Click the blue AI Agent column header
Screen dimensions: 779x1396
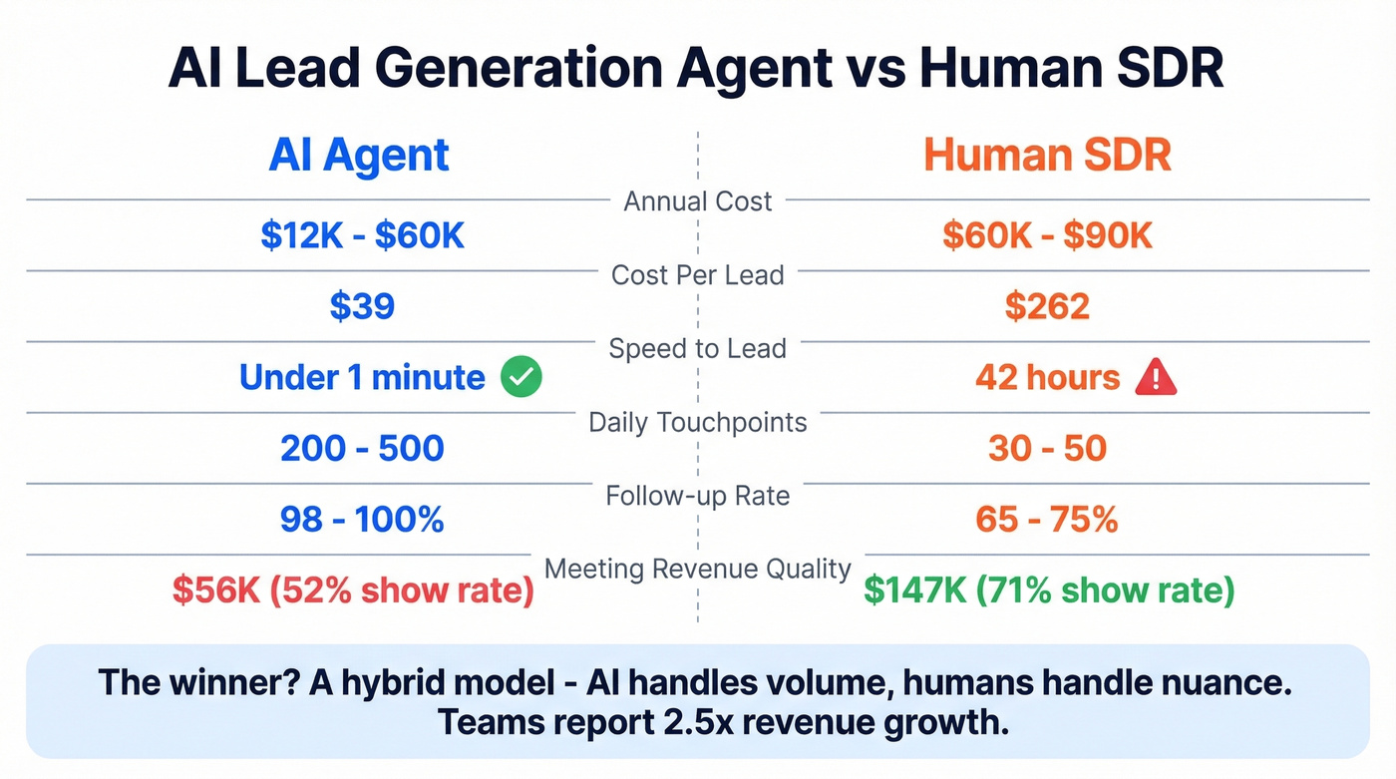click(x=359, y=157)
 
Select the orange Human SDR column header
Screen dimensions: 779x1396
click(x=1047, y=157)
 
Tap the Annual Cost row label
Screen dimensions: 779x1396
click(x=697, y=201)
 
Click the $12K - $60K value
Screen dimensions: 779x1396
click(x=363, y=235)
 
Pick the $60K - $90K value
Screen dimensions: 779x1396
click(x=1047, y=235)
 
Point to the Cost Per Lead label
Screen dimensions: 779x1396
click(x=697, y=275)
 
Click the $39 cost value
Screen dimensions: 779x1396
click(x=363, y=306)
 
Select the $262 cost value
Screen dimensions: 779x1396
click(x=1047, y=306)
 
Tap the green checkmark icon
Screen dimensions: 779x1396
click(x=522, y=378)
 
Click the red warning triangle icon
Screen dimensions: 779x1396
click(x=1157, y=378)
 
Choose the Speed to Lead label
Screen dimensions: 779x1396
click(x=697, y=349)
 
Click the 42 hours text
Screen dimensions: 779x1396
click(x=1047, y=378)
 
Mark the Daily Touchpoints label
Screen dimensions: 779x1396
click(x=697, y=423)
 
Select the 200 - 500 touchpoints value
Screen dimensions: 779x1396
click(x=362, y=449)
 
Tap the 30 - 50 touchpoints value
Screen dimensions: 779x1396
click(x=1047, y=449)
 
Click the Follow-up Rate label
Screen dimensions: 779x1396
click(x=697, y=496)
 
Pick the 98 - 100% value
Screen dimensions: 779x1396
click(x=362, y=520)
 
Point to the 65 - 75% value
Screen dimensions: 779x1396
click(x=1047, y=520)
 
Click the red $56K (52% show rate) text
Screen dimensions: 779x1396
click(x=353, y=590)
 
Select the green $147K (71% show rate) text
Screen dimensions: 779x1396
click(x=1049, y=590)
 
